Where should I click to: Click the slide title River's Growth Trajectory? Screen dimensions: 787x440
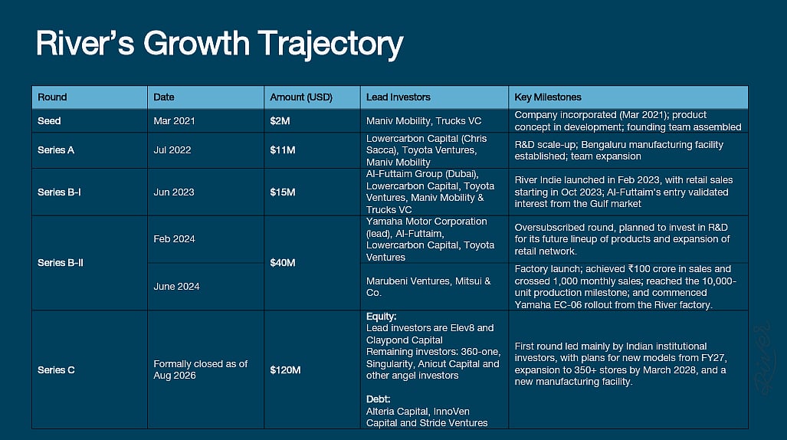(219, 44)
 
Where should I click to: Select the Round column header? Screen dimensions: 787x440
(52, 97)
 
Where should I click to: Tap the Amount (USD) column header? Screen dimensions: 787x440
(301, 97)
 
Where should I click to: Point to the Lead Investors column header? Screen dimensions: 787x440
(398, 97)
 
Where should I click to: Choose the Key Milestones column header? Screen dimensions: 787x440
(548, 97)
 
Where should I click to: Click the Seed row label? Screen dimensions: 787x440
(49, 121)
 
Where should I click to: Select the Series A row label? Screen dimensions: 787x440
(56, 150)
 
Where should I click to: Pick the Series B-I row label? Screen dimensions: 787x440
(59, 192)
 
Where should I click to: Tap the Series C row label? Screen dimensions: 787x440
(56, 370)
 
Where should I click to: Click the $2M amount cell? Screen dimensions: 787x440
(280, 121)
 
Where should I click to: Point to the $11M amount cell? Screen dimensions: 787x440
(283, 150)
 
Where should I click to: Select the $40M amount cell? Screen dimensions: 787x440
(283, 263)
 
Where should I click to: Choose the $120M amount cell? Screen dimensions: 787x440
(285, 370)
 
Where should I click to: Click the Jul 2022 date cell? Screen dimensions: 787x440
(172, 150)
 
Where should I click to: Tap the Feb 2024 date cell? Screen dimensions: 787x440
(174, 239)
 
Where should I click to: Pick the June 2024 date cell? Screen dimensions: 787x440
(177, 286)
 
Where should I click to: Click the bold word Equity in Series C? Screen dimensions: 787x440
(382, 317)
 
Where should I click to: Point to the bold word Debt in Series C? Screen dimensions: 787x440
(379, 399)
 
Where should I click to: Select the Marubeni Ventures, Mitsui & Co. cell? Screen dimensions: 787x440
(428, 287)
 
